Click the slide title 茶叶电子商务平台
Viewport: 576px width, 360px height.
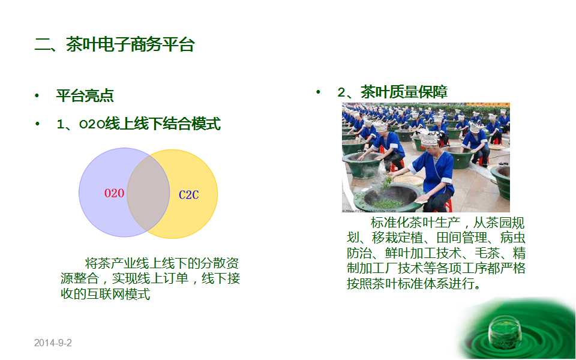[130, 45]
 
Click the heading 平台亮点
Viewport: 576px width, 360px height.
[85, 95]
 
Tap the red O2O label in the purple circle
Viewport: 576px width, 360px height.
[114, 193]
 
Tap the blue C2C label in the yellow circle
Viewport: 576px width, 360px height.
[189, 194]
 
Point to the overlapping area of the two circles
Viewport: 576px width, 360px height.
[148, 193]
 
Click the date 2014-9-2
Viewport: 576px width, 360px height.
[53, 343]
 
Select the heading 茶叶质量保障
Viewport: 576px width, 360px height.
[404, 92]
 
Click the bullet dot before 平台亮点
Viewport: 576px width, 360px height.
[37, 96]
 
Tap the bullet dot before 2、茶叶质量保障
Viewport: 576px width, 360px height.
[318, 92]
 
